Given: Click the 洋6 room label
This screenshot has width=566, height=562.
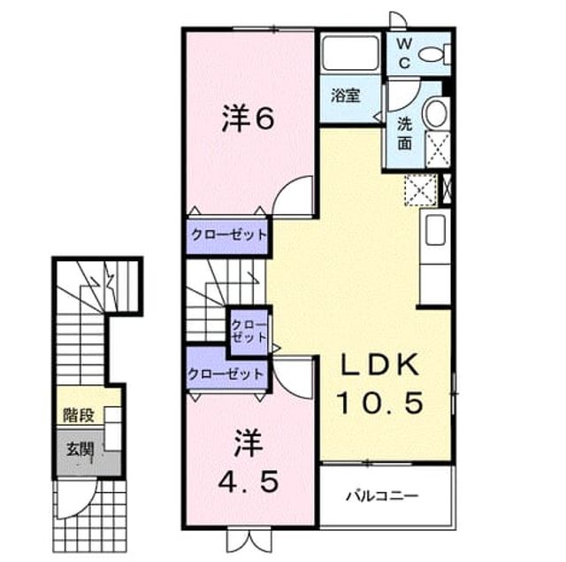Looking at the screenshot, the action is (248, 118).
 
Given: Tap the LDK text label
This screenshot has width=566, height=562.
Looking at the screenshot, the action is (381, 366).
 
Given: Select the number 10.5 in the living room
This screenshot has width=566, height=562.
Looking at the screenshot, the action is (380, 403).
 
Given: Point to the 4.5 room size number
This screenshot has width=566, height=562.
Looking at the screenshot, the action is (249, 482).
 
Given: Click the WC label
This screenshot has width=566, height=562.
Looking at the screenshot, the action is (405, 53).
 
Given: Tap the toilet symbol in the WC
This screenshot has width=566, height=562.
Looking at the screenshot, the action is (434, 55).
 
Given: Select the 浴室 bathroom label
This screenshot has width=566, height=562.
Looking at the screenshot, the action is (346, 96).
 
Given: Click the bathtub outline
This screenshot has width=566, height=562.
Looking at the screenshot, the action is (350, 53).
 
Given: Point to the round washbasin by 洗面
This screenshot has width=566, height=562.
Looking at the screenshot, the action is (436, 112).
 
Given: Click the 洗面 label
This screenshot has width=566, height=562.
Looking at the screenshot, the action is (405, 134).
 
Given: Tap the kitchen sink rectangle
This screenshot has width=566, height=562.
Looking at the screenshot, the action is (434, 230).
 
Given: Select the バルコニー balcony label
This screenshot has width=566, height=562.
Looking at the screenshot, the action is (382, 496).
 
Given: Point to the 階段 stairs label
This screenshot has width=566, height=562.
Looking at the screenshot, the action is (79, 415).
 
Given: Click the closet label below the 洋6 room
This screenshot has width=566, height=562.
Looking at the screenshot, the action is (229, 235).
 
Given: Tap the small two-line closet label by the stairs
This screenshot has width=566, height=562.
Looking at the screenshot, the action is (249, 331).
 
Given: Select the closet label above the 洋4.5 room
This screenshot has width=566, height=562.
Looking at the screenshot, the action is (226, 373).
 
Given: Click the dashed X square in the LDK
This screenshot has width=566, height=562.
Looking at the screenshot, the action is (421, 190).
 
